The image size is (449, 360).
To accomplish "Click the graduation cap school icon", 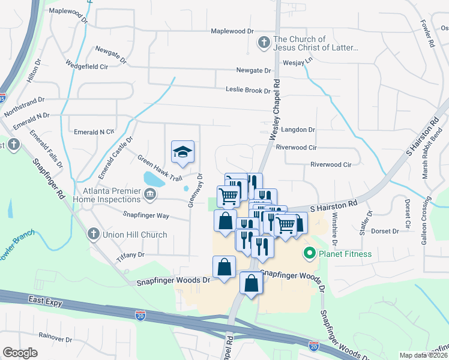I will pyautogui.click(x=183, y=151).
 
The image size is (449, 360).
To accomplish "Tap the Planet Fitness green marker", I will pyautogui.click(x=310, y=254).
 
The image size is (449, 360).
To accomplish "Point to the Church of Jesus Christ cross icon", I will pyautogui.click(x=263, y=43).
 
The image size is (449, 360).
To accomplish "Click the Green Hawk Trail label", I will pyautogui.click(x=159, y=169).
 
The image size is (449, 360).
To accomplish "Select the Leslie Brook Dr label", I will pyautogui.click(x=248, y=91).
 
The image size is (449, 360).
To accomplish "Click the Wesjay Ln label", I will pyautogui.click(x=298, y=61).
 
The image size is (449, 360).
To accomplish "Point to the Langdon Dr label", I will pyautogui.click(x=298, y=130).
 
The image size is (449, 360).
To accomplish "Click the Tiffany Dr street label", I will pyautogui.click(x=133, y=254).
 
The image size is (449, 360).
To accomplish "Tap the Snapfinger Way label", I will pyautogui.click(x=146, y=215).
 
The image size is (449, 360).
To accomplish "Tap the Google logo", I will pyautogui.click(x=20, y=353).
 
